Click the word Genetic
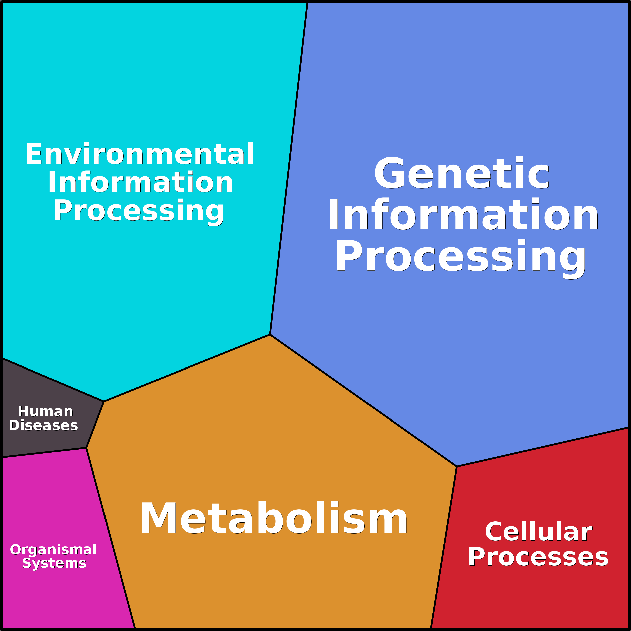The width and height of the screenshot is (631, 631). click(x=461, y=173)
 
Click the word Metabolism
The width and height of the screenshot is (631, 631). click(x=274, y=518)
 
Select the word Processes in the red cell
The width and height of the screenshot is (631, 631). click(x=538, y=557)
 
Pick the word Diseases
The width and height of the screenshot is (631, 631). click(x=43, y=425)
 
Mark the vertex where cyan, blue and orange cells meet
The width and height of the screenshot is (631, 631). click(x=270, y=334)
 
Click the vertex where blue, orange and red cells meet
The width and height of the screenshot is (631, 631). click(x=457, y=466)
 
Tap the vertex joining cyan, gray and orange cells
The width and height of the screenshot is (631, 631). click(x=104, y=401)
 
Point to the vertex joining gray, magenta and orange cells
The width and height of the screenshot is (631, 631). click(x=86, y=448)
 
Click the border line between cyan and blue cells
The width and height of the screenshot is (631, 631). click(x=289, y=169)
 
